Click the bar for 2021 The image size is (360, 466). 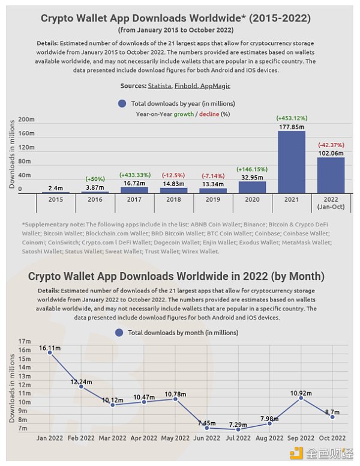[292, 162]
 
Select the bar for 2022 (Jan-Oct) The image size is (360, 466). [331, 175]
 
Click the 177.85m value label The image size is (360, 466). [292, 127]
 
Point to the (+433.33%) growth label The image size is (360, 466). [135, 174]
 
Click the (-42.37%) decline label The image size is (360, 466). [331, 145]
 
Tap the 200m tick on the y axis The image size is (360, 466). [26, 119]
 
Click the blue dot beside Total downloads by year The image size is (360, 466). [122, 103]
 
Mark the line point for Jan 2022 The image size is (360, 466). [50, 353]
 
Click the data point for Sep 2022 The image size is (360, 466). [301, 398]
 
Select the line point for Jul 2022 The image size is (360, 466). [238, 429]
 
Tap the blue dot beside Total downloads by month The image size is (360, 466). [119, 332]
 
